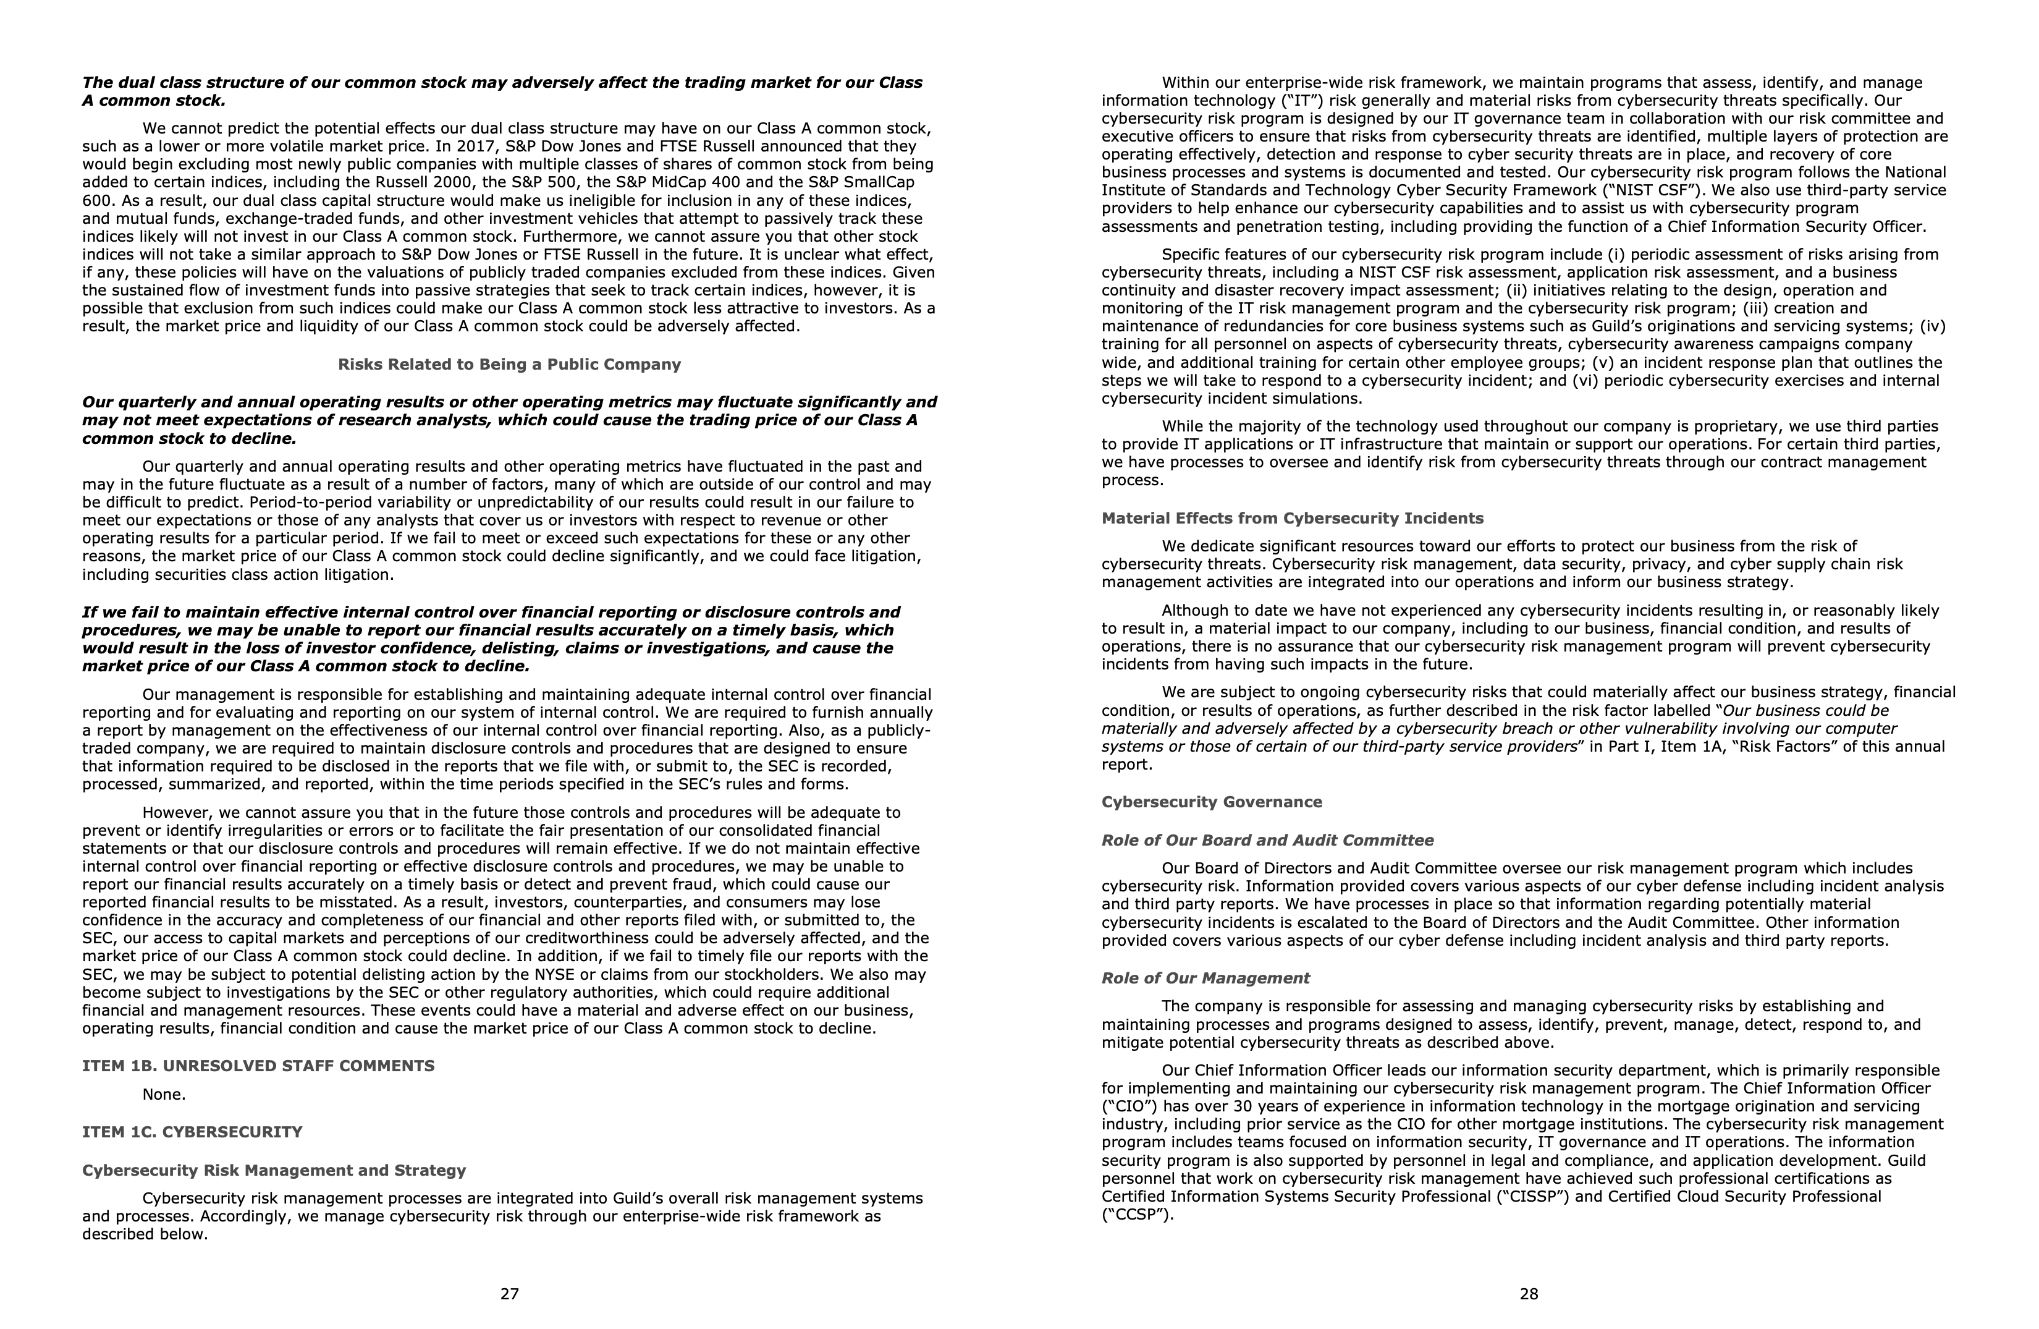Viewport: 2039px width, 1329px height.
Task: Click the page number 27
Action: [509, 1294]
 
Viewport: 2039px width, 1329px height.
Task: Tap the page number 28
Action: [1529, 1294]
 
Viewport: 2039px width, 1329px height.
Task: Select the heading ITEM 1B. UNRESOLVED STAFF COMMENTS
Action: [258, 1066]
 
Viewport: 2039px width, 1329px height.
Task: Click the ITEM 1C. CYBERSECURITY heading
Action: [192, 1132]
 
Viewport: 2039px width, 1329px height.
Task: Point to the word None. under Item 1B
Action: [164, 1094]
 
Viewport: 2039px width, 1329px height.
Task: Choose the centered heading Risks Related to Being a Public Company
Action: [509, 364]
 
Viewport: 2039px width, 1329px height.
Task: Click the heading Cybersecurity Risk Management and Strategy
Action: [274, 1171]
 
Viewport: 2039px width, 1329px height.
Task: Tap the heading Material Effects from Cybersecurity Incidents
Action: [1292, 519]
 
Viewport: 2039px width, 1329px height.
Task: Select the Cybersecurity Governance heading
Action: [1212, 802]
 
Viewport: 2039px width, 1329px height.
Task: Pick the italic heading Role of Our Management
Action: [1205, 979]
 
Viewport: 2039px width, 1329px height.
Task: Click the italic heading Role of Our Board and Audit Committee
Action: [1267, 841]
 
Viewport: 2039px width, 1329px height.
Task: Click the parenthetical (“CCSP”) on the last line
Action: [1137, 1214]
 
